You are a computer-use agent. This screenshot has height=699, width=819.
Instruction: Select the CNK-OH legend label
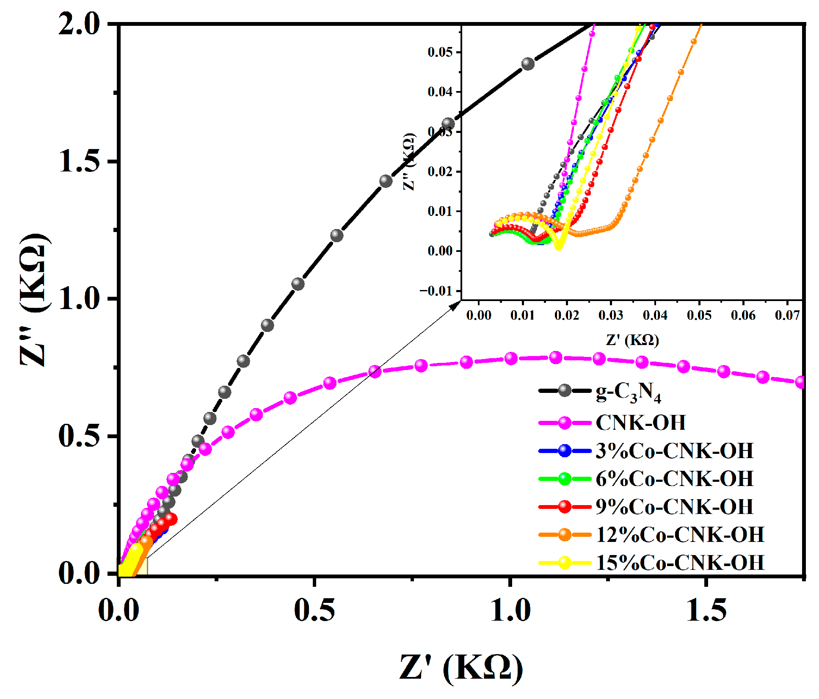(640, 423)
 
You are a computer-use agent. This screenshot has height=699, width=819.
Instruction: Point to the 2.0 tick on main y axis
(79, 24)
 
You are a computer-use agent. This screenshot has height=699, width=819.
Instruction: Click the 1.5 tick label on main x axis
(706, 611)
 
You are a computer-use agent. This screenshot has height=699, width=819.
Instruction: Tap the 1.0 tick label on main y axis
(79, 299)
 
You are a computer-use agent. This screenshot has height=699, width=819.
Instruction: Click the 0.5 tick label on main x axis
(314, 611)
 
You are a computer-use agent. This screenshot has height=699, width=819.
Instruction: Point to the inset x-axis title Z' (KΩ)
(632, 340)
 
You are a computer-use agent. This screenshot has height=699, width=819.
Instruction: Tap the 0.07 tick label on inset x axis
(787, 315)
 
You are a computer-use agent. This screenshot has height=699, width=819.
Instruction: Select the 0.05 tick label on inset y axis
(440, 52)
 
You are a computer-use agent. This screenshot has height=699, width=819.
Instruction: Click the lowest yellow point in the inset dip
(559, 246)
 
